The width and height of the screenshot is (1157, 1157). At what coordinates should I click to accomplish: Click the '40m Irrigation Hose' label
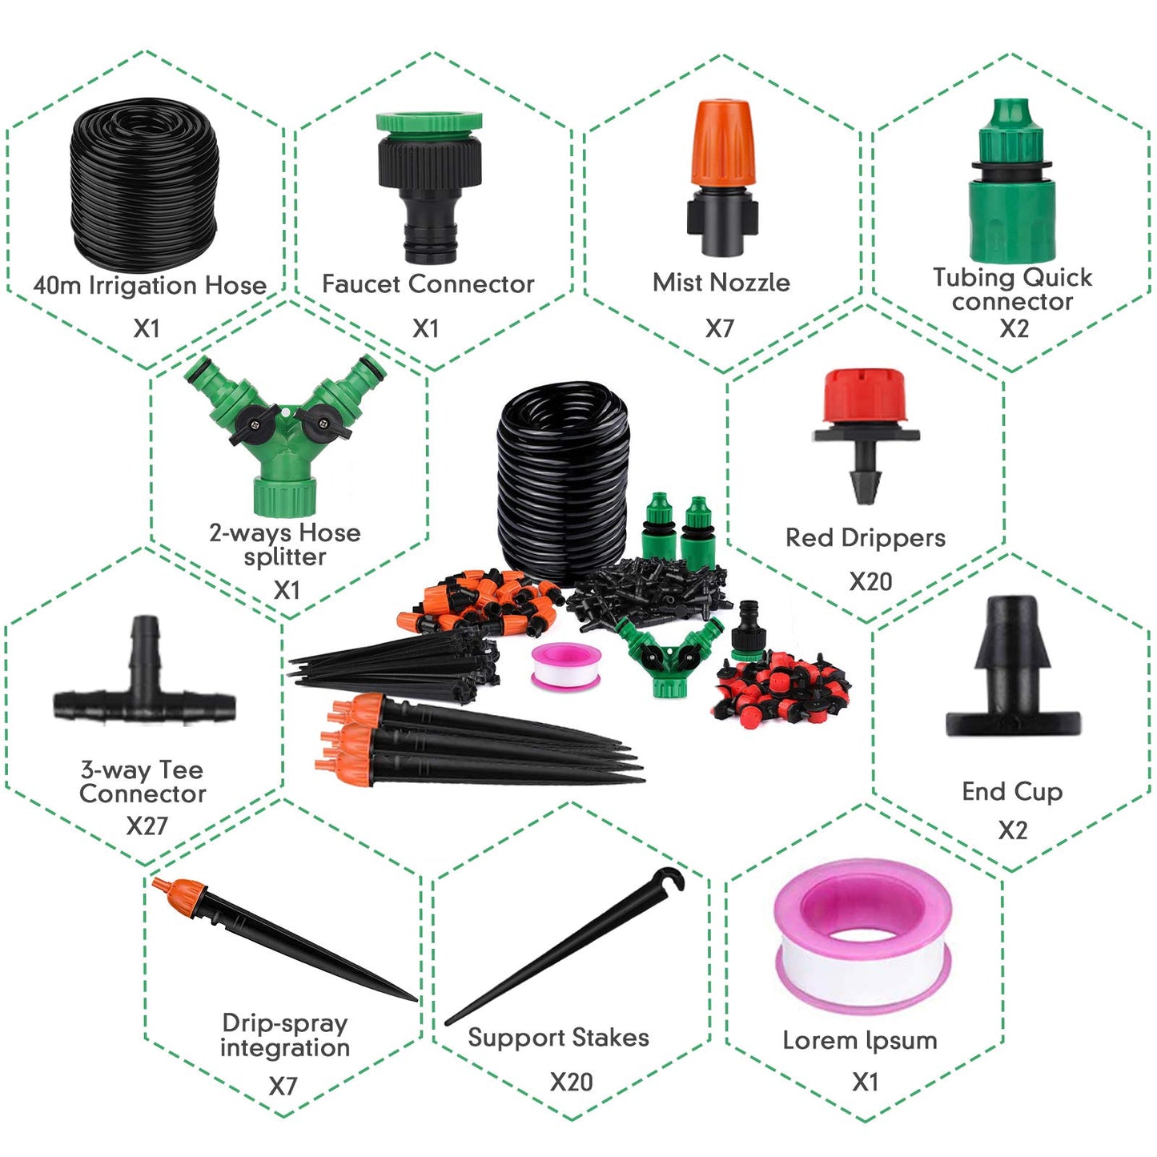tap(150, 284)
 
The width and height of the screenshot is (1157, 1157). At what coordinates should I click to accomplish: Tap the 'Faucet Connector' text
tap(428, 284)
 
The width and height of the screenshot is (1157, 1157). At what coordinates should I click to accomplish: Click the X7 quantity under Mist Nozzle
tap(719, 327)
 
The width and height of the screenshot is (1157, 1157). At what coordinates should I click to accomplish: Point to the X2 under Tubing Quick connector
tap(1014, 327)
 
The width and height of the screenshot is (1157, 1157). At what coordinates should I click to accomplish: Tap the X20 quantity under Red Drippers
tap(870, 581)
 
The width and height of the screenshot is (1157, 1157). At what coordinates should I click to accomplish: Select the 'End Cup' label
tap(1012, 791)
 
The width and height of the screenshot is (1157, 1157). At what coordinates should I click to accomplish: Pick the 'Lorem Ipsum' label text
tap(860, 1041)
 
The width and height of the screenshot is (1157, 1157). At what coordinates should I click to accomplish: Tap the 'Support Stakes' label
tap(558, 1038)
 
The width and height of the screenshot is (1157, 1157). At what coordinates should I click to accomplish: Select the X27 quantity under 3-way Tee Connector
tap(147, 826)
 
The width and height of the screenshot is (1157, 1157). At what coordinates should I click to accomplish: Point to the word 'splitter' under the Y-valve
tap(284, 556)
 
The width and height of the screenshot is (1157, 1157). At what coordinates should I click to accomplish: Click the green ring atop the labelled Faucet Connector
tap(428, 122)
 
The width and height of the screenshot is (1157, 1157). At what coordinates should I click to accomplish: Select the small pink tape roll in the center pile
tap(566, 665)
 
